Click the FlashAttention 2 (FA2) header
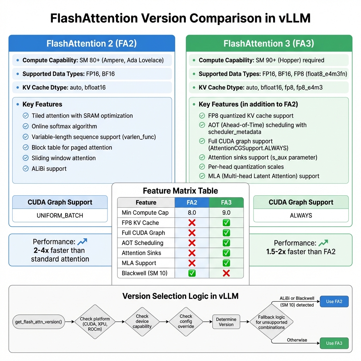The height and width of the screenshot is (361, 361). tap(92, 44)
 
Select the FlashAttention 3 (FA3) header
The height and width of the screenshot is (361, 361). tap(269, 44)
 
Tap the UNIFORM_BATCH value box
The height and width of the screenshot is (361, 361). tap(60, 215)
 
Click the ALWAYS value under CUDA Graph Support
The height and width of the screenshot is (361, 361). tap(301, 215)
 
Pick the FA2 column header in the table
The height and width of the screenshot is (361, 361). tap(192, 202)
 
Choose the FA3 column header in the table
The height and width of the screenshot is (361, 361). tap(226, 202)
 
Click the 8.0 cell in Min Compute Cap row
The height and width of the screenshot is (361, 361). tap(192, 213)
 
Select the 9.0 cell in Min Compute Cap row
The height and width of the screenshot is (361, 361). tap(226, 213)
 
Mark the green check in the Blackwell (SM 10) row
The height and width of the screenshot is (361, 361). tap(192, 273)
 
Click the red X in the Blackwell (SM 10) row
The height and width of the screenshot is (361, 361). tap(226, 273)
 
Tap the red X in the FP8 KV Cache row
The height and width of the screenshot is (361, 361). tap(192, 223)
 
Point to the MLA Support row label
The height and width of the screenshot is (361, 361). tap(139, 263)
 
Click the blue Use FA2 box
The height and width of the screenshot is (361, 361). tap(334, 301)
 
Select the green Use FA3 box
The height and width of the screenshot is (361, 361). tap(334, 343)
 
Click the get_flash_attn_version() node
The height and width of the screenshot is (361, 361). tap(39, 322)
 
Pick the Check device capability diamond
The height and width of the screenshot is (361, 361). tap(142, 322)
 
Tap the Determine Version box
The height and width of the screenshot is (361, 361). tap(226, 322)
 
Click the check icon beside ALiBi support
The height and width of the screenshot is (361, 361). tap(26, 169)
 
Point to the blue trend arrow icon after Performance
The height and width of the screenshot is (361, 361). tap(82, 242)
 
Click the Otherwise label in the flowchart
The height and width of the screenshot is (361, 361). tap(297, 340)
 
